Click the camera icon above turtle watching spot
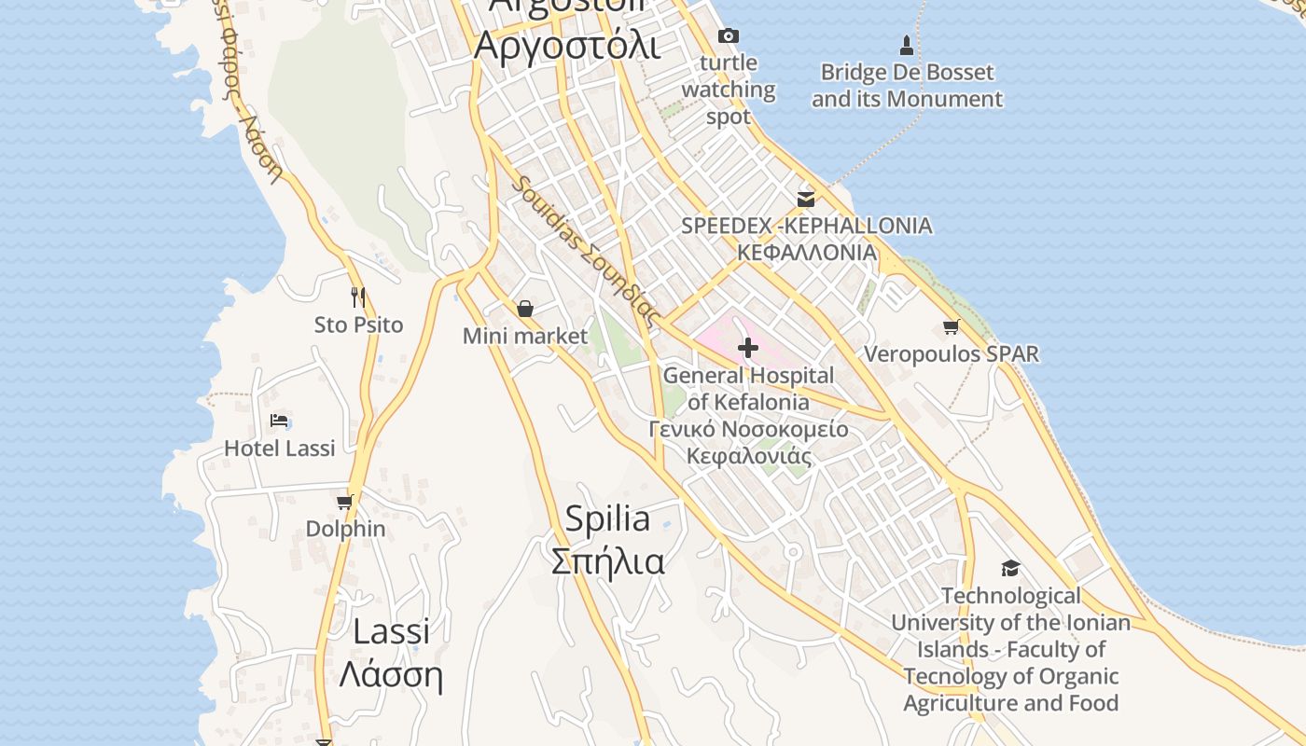click(x=729, y=36)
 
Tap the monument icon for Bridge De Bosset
click(x=906, y=45)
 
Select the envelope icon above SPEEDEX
click(x=806, y=199)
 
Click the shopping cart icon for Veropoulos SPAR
click(x=951, y=326)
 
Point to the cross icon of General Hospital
click(x=747, y=348)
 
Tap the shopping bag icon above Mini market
click(x=525, y=309)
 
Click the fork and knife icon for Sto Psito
click(x=358, y=297)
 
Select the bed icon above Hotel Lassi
click(x=279, y=421)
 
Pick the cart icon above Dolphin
click(x=345, y=503)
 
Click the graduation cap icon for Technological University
click(x=1010, y=568)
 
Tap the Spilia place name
click(x=607, y=518)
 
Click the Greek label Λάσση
click(x=390, y=673)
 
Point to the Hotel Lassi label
click(x=279, y=449)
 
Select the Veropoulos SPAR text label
click(x=951, y=354)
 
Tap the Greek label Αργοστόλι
click(x=567, y=45)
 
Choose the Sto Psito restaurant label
click(x=358, y=325)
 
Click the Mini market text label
click(x=525, y=337)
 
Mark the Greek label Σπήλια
click(x=607, y=562)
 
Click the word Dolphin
click(x=345, y=529)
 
